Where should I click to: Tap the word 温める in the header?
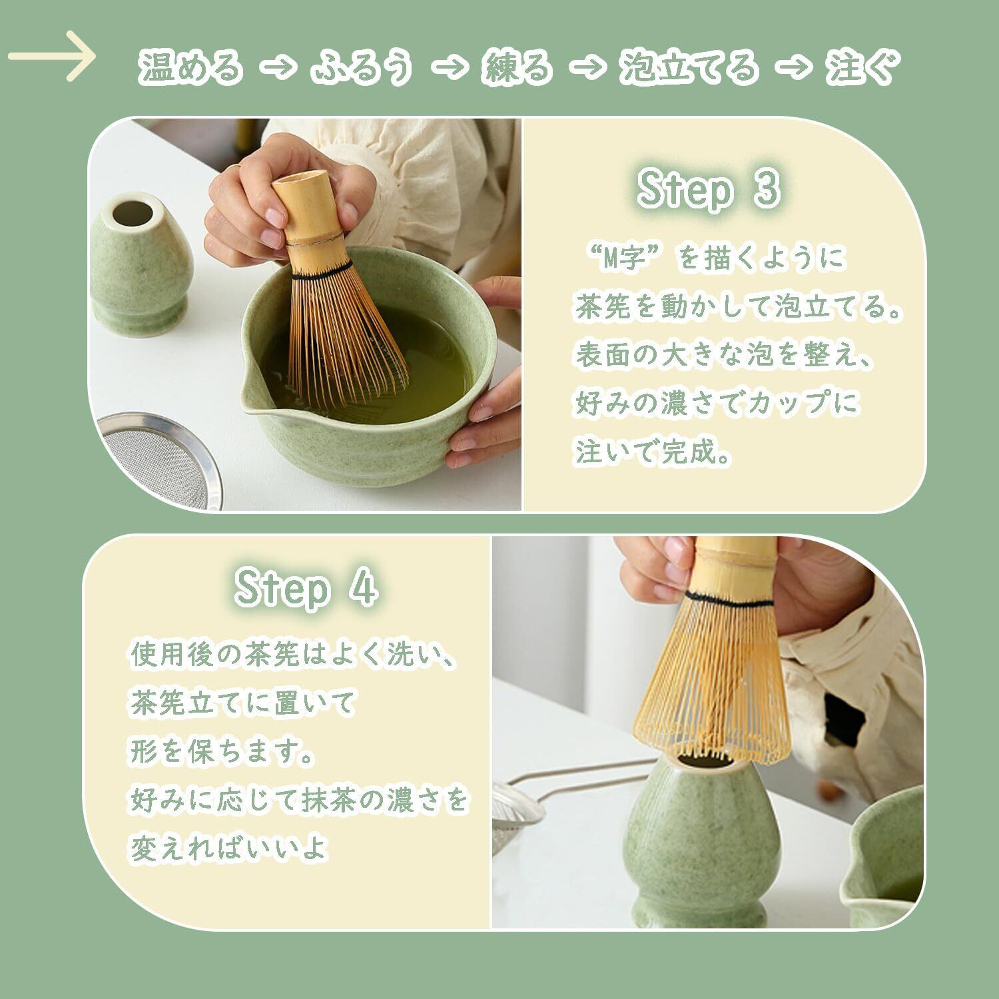[x=190, y=67]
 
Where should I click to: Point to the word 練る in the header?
[x=517, y=67]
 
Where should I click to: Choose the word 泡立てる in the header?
[x=689, y=67]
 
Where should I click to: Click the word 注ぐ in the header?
[x=864, y=67]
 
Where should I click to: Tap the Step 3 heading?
[x=708, y=189]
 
